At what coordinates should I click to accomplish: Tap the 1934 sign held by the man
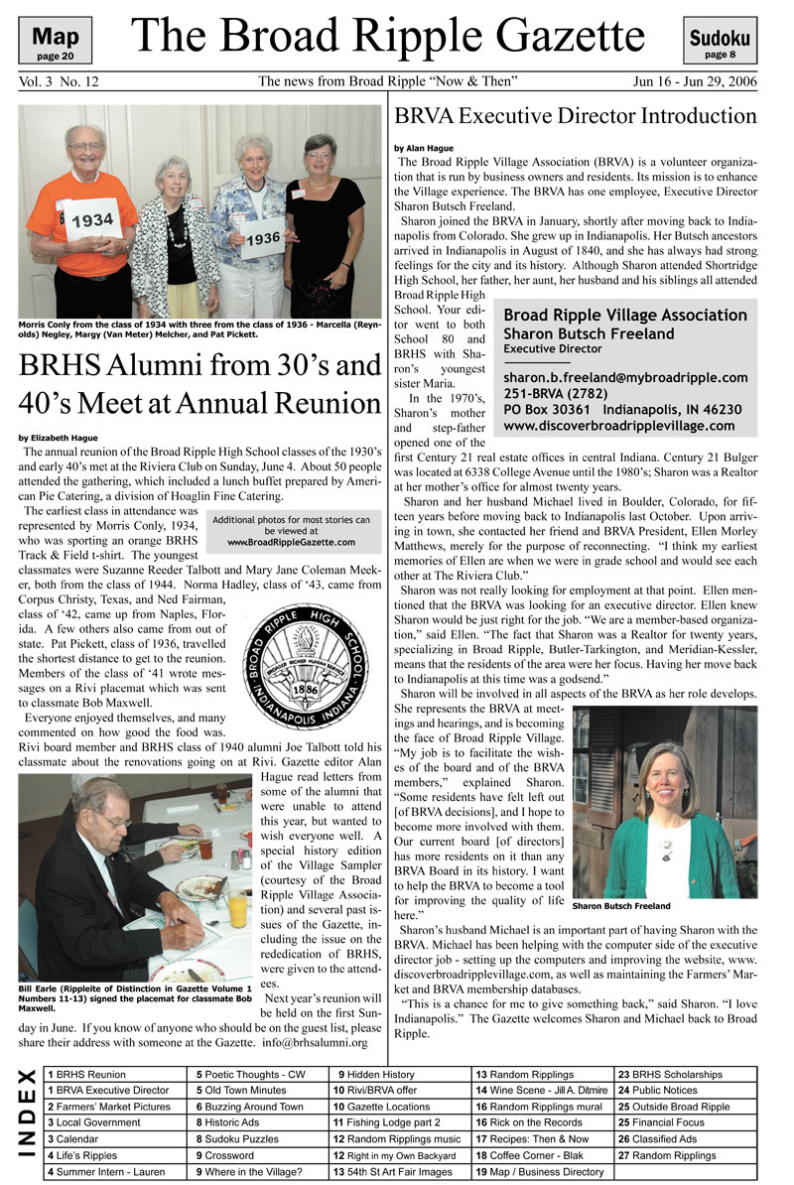94,219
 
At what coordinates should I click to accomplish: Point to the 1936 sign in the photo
262,239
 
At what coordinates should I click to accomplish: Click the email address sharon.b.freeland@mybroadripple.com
625,377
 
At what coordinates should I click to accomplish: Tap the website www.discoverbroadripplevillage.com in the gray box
619,426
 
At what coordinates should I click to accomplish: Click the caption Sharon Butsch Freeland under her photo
620,906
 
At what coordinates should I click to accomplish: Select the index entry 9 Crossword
229,1155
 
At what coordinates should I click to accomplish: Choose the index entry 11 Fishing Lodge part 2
382,1122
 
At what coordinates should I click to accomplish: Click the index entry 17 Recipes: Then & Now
532,1139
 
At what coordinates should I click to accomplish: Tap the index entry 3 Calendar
75,1139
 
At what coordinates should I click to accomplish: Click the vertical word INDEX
28,1122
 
